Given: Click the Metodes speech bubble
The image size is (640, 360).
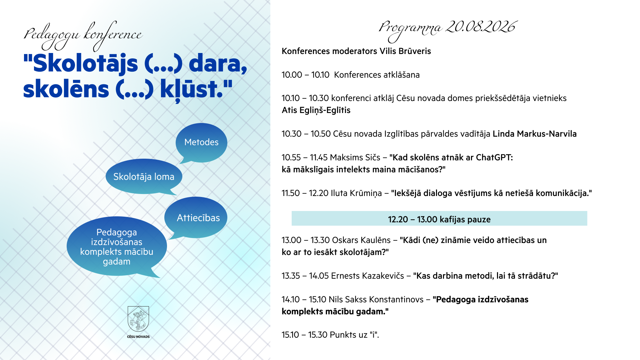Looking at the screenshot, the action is [201, 142].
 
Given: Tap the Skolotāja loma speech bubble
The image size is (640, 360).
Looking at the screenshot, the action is [144, 176].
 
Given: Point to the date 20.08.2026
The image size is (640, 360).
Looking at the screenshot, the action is [481, 27].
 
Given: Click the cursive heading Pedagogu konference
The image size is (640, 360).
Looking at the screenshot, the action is [83, 35].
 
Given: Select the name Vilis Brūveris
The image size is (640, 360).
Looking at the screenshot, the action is [405, 51].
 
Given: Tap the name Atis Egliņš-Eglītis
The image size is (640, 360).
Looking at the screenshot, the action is [316, 110].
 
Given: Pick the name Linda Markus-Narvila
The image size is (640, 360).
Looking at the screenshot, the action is [535, 134].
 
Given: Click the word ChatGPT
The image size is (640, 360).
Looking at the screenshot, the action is [494, 157].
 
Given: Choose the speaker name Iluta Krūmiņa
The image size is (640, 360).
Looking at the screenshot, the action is [356, 193].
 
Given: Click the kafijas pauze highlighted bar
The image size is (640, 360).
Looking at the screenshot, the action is [439, 218].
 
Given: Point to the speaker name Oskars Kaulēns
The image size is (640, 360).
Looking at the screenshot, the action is [361, 240].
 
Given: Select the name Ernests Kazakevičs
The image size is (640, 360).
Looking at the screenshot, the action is [367, 276].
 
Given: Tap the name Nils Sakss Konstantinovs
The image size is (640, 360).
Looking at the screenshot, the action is [376, 299].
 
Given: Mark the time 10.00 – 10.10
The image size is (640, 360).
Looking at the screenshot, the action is [306, 75].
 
